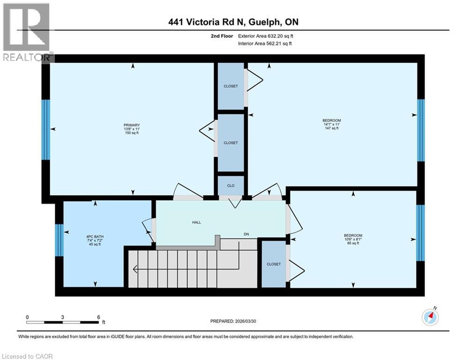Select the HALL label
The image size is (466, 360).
tap(196, 222)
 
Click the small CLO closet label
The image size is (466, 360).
tap(231, 186)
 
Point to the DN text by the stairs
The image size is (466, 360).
tap(246, 234)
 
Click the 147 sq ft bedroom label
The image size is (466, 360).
tap(332, 124)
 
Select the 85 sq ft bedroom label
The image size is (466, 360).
tap(353, 239)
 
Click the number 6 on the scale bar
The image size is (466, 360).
tap(98, 317)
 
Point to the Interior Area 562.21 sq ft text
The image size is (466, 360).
tap(266, 44)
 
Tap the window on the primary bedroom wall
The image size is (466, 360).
tap(45, 129)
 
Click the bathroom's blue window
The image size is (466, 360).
tap(59, 240)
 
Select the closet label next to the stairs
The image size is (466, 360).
tap(274, 264)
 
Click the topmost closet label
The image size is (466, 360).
tap(230, 86)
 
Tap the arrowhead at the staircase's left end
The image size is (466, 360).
tap(135, 269)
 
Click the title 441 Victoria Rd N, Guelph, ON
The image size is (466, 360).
tap(233, 22)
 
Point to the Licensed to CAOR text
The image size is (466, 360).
tap(28, 356)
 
